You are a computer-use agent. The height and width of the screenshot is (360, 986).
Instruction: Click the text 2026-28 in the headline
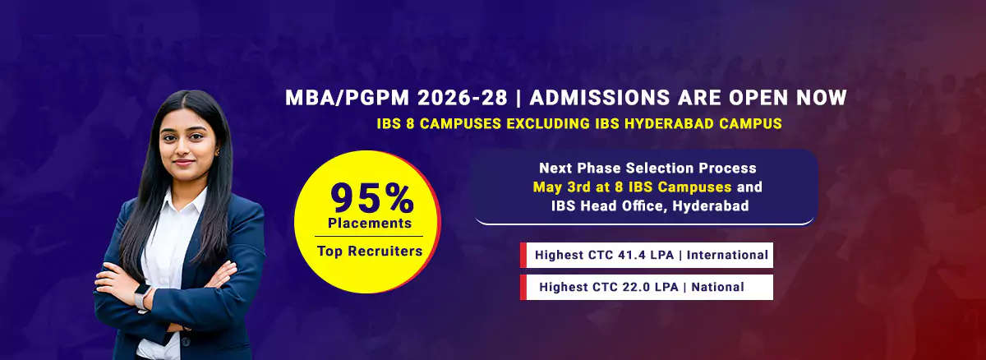(x=462, y=98)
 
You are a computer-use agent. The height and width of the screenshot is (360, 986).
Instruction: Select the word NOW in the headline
(x=822, y=98)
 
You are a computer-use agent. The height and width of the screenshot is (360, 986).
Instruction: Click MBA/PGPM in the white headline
(x=348, y=98)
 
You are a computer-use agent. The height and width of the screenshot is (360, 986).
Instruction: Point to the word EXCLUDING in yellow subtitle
(x=549, y=123)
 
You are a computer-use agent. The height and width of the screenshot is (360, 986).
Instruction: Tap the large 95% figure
(x=372, y=198)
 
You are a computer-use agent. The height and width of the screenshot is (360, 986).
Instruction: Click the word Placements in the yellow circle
(x=370, y=223)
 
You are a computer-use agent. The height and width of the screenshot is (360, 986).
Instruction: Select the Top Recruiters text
(x=370, y=251)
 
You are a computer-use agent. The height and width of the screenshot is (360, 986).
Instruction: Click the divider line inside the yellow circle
(x=369, y=237)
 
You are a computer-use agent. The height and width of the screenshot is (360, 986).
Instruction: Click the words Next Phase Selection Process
(x=647, y=168)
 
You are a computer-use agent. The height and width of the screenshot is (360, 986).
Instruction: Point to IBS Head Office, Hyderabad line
(x=650, y=206)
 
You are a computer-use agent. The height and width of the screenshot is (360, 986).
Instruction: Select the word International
(x=727, y=255)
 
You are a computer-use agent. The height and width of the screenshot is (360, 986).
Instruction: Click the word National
(x=717, y=287)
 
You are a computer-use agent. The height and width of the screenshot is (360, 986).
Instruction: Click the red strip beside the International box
(x=523, y=255)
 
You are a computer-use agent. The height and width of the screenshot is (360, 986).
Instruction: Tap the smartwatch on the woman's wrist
(x=141, y=296)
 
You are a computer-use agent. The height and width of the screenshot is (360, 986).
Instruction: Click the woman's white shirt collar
(x=185, y=203)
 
